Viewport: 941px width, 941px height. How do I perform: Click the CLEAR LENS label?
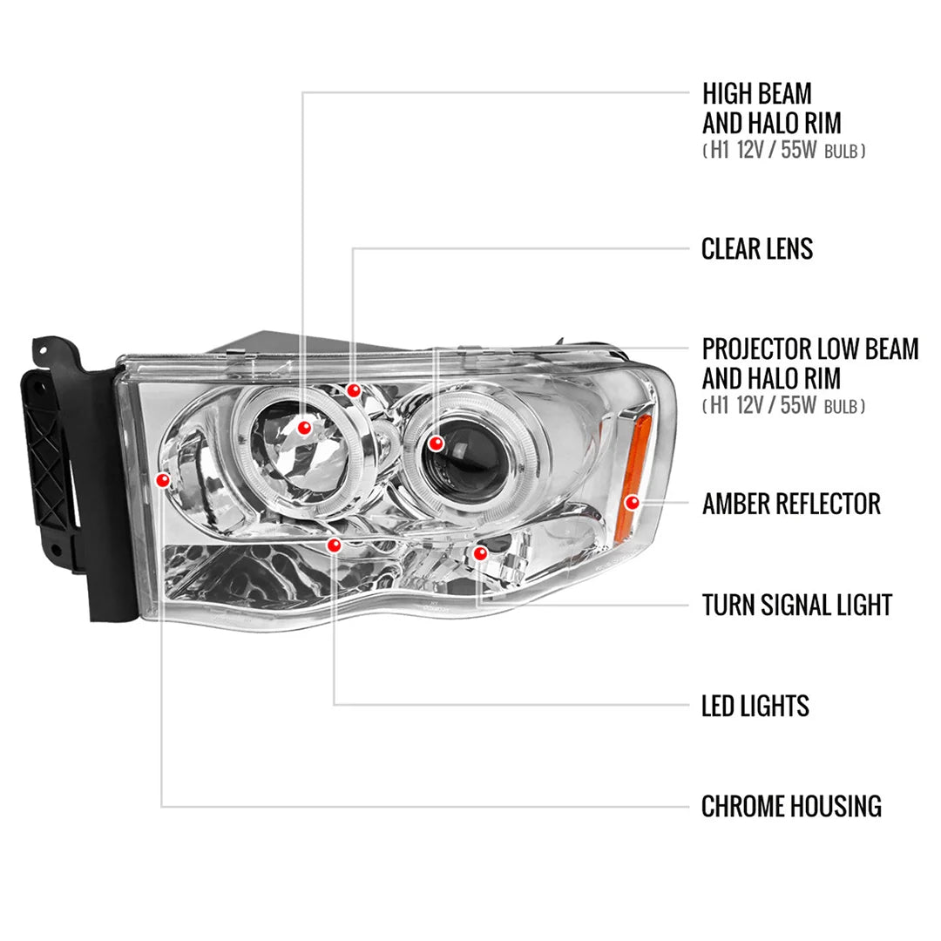(756, 249)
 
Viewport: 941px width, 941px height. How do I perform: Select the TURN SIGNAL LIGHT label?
(796, 605)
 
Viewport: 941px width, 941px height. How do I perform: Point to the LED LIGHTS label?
(755, 706)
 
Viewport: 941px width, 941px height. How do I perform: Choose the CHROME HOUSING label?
(791, 807)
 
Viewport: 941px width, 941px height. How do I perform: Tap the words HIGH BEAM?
(756, 94)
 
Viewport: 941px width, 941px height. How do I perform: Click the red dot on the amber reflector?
(633, 503)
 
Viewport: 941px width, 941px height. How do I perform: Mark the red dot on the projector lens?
(437, 443)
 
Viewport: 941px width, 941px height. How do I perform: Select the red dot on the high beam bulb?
(304, 428)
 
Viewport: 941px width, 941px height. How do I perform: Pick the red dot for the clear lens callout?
(354, 391)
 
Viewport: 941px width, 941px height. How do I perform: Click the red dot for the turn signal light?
(480, 553)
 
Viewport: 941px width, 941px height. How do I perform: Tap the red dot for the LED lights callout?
(335, 545)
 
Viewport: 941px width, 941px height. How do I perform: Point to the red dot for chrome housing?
(162, 479)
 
